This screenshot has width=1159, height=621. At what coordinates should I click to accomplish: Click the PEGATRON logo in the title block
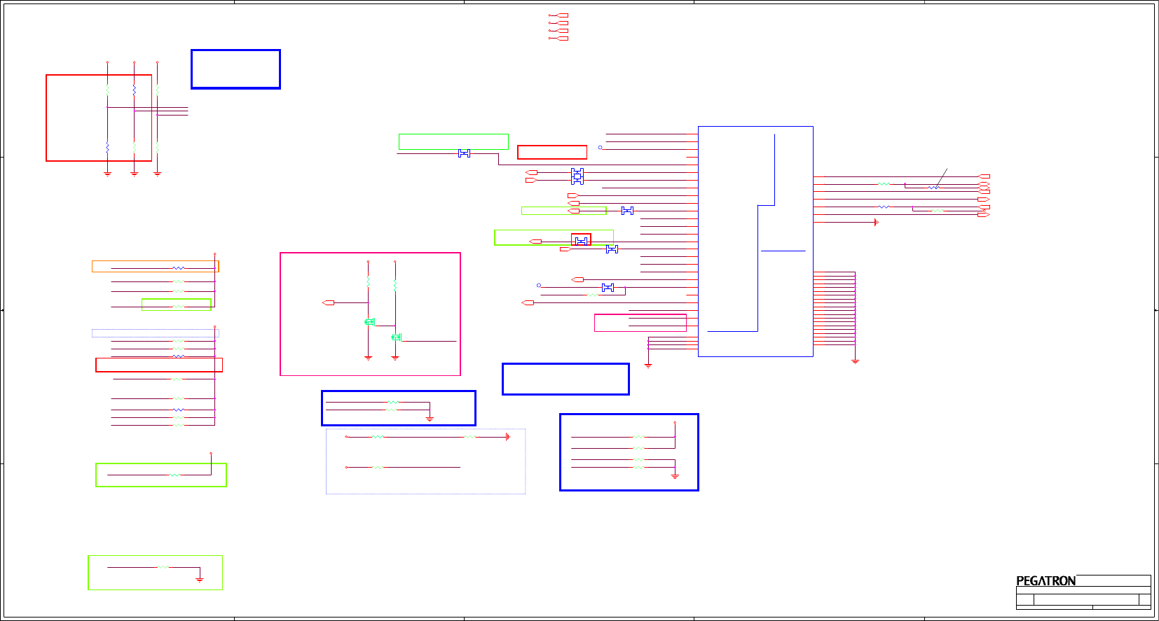click(1045, 581)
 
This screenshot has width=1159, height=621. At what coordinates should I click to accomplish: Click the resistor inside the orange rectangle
click(179, 267)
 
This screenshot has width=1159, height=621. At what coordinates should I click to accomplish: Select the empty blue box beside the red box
click(235, 69)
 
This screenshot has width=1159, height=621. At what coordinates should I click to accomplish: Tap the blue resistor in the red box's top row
click(134, 90)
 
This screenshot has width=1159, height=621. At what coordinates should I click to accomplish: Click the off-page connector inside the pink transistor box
click(328, 302)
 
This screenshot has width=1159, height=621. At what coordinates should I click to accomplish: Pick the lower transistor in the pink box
click(396, 337)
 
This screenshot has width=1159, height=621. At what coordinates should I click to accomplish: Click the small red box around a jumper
click(581, 240)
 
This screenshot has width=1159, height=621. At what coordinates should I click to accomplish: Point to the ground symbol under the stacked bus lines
click(855, 361)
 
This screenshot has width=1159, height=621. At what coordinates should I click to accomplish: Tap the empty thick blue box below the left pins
click(565, 379)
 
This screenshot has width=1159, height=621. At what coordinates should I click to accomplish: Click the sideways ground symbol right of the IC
click(876, 222)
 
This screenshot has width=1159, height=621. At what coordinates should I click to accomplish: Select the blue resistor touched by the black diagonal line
click(933, 188)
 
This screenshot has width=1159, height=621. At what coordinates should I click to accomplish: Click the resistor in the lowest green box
click(163, 567)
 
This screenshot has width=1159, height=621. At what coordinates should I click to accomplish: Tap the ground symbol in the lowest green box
click(200, 579)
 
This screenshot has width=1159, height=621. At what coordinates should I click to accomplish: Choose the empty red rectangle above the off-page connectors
click(552, 152)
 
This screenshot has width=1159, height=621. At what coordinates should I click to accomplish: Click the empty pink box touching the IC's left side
click(640, 323)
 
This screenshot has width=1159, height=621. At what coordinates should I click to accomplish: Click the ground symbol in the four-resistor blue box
click(675, 476)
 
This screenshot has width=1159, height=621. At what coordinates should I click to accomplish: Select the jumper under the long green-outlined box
click(612, 249)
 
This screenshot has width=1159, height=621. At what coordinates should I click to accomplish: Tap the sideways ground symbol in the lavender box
click(507, 437)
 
